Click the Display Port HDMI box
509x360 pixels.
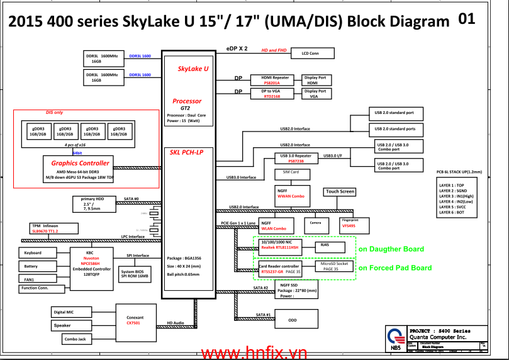tap(316, 80)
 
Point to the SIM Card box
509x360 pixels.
tap(291, 172)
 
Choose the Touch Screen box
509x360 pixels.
tap(340, 191)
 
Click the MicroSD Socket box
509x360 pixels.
tap(334, 266)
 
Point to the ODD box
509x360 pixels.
tap(293, 320)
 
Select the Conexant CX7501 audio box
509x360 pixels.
tap(133, 320)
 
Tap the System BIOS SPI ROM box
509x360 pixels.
tap(135, 274)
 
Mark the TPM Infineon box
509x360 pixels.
tap(45, 228)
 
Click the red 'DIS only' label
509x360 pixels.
tap(55, 113)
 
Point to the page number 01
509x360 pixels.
tap(466, 19)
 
